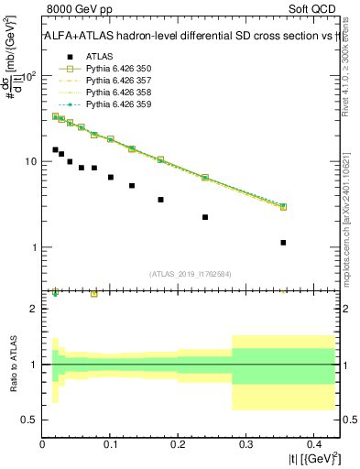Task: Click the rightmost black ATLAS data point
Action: pos(283,243)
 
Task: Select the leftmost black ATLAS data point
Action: pos(55,149)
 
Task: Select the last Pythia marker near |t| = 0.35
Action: pos(283,207)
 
